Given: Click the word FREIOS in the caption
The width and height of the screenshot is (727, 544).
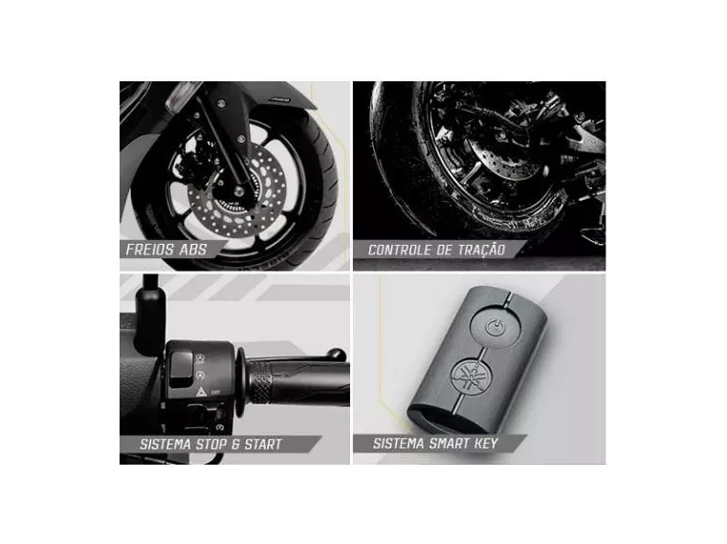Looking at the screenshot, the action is (x=149, y=250).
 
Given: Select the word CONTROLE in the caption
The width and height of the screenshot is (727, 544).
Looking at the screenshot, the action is (x=399, y=250).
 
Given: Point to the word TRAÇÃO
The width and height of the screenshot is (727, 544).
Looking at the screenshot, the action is (x=481, y=250).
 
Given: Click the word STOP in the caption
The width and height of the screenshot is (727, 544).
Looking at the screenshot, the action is (x=212, y=445).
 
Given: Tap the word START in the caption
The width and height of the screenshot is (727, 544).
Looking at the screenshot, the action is (x=263, y=445).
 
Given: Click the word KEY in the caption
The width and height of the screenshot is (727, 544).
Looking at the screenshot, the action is (x=486, y=444).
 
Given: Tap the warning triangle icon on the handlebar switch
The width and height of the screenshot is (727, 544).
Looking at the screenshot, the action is (x=201, y=393).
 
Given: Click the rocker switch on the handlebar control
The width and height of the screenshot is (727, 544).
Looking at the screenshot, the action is (x=181, y=369).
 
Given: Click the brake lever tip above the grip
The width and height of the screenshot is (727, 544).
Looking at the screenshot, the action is (x=337, y=354).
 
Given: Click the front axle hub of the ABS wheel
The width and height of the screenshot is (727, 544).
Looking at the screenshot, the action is (x=239, y=191).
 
